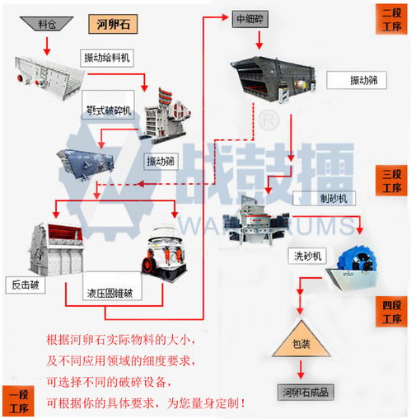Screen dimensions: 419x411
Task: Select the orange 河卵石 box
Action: point(111,24)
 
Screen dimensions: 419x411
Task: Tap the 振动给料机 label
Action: point(107,57)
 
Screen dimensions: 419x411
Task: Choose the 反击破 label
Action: point(26,286)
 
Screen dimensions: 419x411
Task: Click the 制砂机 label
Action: point(314,199)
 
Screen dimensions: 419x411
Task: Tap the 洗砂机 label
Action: point(303,257)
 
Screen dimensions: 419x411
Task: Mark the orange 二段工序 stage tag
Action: point(390,18)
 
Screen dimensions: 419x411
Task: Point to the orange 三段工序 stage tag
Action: point(390,181)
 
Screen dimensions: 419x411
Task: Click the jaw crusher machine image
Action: point(161,123)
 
